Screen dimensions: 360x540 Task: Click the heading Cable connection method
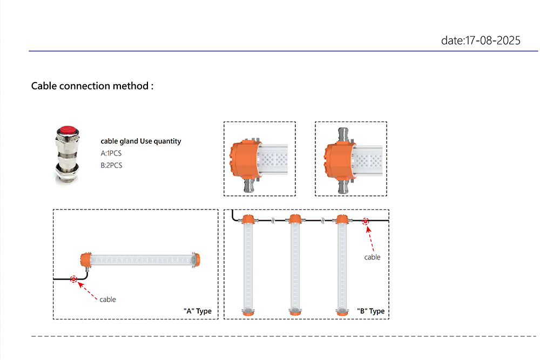[92, 86]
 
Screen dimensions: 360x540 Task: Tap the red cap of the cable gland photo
[68, 131]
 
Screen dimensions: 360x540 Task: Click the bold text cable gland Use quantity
[141, 141]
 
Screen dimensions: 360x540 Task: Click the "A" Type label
[197, 311]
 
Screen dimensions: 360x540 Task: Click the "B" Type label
[370, 311]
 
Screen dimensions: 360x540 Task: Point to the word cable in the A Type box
[107, 299]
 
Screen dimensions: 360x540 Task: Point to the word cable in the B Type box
[372, 257]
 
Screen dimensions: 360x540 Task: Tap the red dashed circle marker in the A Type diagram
[73, 279]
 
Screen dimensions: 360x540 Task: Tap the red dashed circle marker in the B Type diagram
[366, 221]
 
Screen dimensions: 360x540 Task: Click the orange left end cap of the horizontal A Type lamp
[84, 259]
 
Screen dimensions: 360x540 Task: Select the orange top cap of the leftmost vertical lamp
[248, 219]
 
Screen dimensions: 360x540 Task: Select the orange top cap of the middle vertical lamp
[294, 219]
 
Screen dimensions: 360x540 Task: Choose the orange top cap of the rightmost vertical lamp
[341, 219]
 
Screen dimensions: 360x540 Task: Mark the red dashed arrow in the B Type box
[370, 235]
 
